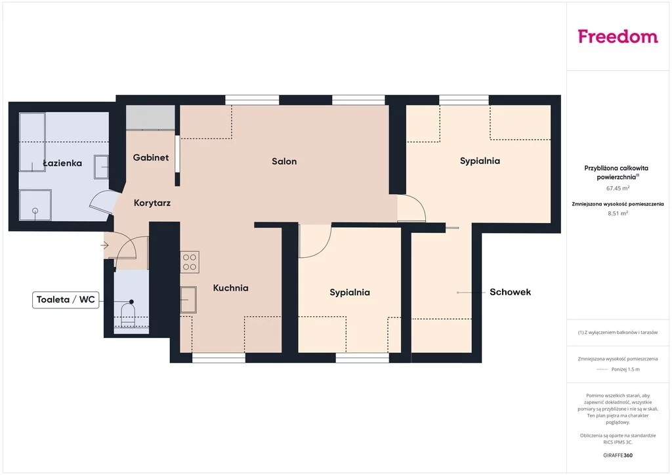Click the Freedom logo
[x=618, y=36]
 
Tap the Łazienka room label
[x=62, y=163]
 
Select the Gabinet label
[x=151, y=157]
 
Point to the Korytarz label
[x=152, y=203]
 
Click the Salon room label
[x=284, y=161]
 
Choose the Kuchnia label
[x=230, y=288]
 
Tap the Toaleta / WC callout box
[x=66, y=299]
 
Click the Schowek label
[x=510, y=292]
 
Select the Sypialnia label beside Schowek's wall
[x=350, y=293]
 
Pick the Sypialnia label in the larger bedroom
[x=480, y=161]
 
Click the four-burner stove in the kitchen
[x=190, y=262]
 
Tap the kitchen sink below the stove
[x=188, y=299]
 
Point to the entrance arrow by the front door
[x=104, y=245]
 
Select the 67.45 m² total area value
[x=618, y=188]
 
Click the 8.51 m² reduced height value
[x=618, y=213]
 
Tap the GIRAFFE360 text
[x=618, y=455]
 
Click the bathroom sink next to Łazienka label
[x=101, y=167]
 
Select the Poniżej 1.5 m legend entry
[x=625, y=369]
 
